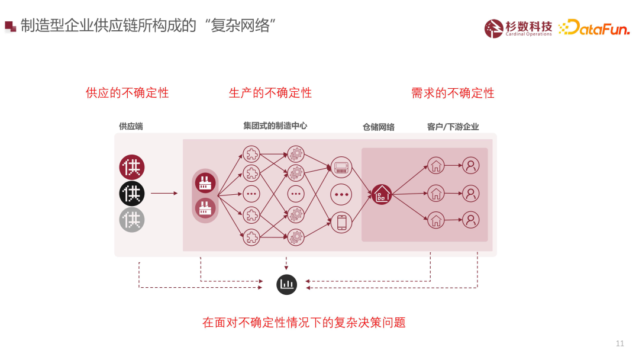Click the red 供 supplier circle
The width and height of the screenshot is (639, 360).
coord(132,167)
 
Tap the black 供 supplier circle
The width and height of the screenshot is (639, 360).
coord(132,193)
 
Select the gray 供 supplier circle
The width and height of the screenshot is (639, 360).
coord(132,220)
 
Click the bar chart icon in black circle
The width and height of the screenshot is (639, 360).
coord(287,284)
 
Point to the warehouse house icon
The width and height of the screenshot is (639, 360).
coord(382,193)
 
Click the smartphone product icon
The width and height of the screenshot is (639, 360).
coord(341,222)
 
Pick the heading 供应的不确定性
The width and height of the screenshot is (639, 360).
coord(127,93)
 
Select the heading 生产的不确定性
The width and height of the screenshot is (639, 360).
coord(270,93)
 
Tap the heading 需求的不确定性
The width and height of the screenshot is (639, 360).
coord(453,93)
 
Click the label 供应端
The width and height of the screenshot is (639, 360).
coord(131,126)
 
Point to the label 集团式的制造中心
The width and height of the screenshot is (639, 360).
coord(275,126)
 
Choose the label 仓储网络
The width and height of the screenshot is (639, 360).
coord(379,127)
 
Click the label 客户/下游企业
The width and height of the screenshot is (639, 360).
coord(453,127)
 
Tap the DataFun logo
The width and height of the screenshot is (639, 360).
coord(594,27)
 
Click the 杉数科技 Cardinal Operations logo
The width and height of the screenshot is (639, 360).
coord(518,28)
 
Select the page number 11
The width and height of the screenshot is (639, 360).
coord(620,343)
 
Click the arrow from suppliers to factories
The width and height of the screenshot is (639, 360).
coord(164,193)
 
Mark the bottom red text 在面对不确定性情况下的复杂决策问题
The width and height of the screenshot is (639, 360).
coord(304,323)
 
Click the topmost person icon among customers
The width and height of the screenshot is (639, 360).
coord(471,165)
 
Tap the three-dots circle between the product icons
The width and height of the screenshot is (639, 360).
coord(341,194)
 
